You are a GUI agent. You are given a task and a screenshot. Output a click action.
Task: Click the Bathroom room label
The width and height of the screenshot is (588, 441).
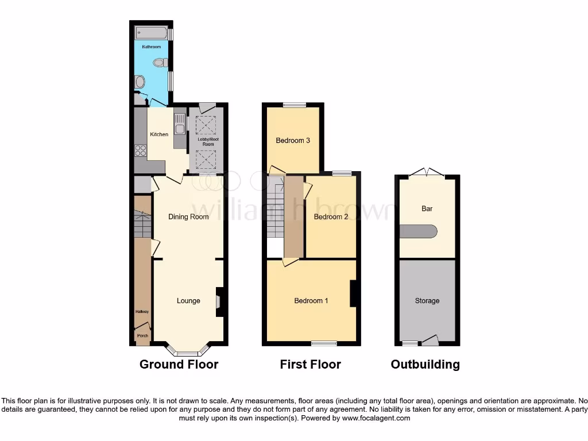[x=151, y=46]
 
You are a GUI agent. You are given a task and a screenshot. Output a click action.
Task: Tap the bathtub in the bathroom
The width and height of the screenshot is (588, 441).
[x=151, y=32]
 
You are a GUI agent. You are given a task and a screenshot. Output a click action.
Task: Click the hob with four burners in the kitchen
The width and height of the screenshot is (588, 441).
[x=141, y=150]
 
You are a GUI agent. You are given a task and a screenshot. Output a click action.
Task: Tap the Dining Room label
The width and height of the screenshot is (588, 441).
[x=188, y=216]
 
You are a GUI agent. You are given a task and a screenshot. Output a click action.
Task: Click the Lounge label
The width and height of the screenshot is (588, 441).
[x=188, y=300]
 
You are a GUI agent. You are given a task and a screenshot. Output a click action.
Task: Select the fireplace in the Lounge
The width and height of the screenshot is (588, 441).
[x=218, y=301]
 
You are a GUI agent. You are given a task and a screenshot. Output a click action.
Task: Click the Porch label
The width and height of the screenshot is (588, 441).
[x=142, y=336]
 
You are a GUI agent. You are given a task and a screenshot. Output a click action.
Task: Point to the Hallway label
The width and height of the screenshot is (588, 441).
[x=142, y=312]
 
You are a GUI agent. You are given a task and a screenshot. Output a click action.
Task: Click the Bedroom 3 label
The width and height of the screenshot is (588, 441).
[x=293, y=140]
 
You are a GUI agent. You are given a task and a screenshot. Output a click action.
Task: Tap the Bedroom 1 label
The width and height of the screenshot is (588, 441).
[x=311, y=300]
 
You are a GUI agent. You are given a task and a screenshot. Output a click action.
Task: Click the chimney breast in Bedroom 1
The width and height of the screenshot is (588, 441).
[x=354, y=293]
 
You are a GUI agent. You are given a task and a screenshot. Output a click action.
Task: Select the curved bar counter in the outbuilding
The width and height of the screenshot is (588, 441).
[x=419, y=231]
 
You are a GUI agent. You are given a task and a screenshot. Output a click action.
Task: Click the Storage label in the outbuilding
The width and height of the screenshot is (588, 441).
[x=427, y=300]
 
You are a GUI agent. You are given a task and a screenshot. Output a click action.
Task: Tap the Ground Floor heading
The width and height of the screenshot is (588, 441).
[x=179, y=364]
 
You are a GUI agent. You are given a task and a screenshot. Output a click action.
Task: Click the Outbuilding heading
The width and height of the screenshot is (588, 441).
[x=425, y=364]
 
